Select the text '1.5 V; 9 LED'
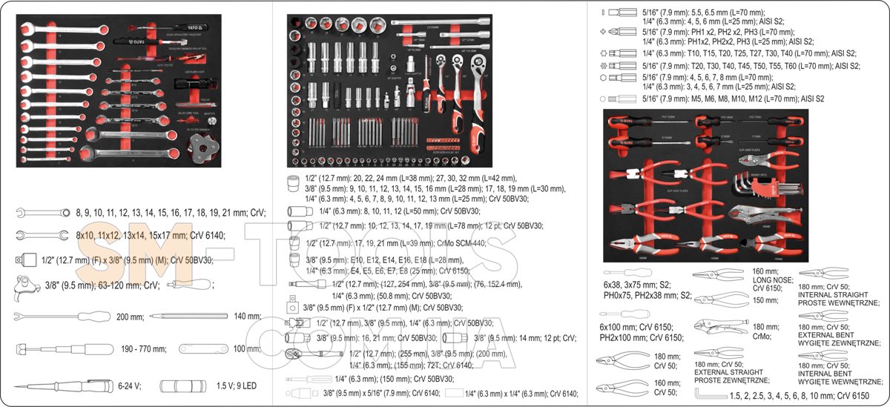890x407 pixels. point(237,386)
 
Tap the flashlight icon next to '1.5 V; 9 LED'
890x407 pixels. point(184,386)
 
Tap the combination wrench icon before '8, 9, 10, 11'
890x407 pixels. point(42,213)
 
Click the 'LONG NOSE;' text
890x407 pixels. point(773,280)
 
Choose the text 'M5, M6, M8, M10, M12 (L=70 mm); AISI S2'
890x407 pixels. point(734,98)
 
